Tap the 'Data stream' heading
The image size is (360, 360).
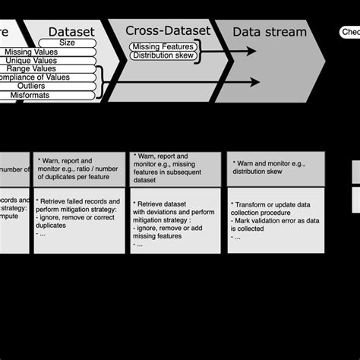tap(270, 32)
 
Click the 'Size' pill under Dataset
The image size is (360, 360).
tap(66, 43)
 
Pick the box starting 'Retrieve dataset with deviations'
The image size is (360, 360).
tap(176, 220)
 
